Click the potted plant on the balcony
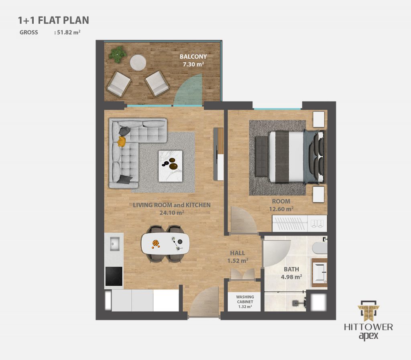coord(117,54)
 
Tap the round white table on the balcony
coord(138,62)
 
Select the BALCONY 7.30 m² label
coord(193,60)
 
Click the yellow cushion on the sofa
coord(121,142)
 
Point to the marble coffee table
coord(170,166)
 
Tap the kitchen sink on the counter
coord(114,244)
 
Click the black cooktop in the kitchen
coord(114,277)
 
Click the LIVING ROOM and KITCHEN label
coord(172,205)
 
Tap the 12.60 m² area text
coord(281,209)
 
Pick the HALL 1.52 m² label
coord(238,257)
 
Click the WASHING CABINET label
coord(245,299)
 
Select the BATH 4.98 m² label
coord(291,273)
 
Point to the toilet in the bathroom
coord(320,248)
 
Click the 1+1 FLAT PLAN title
coord(53,20)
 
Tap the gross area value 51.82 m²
coord(69,33)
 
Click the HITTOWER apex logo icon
coord(368,311)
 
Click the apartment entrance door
coord(204,301)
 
